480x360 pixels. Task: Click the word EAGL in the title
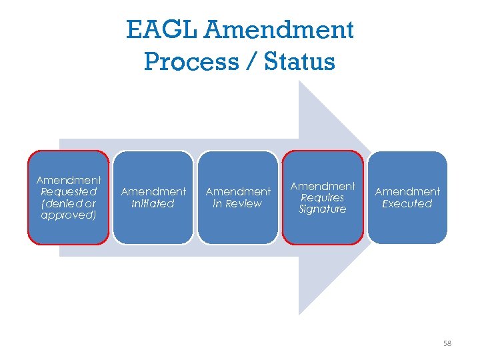161,30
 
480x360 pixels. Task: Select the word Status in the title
299,61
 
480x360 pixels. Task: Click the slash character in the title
248,61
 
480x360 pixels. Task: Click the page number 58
447,343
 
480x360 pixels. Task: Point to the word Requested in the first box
69,192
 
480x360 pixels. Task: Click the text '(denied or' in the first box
69,203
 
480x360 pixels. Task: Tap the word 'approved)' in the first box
69,215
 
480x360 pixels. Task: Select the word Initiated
153,203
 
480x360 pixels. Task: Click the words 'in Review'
237,203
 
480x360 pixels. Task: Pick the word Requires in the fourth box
323,197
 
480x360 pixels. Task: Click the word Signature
323,209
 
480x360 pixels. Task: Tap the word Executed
407,203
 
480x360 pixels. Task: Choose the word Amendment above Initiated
153,192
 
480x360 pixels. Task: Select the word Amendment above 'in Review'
238,192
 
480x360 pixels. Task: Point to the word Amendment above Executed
407,192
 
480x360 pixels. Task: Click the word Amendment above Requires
323,186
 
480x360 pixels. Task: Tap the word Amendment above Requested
69,181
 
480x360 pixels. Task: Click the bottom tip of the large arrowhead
299,313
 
